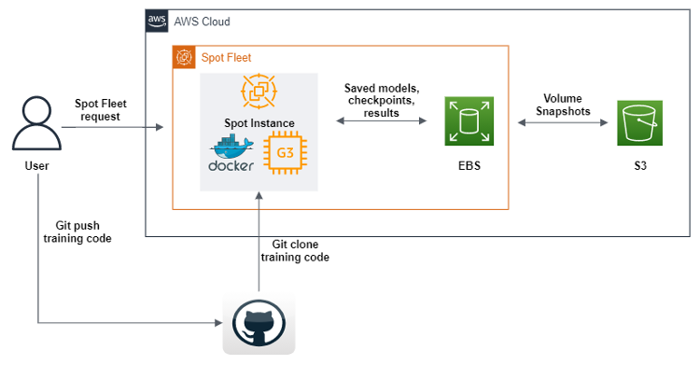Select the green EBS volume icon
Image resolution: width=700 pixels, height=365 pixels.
[x=469, y=120]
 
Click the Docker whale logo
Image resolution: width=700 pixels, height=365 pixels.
[x=232, y=154]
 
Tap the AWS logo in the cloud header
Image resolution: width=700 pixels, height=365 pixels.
[x=157, y=21]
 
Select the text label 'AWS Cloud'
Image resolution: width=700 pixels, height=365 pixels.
[x=202, y=21]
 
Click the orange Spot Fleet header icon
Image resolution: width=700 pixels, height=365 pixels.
[x=184, y=57]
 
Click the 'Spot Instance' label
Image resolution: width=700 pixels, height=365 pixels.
[x=259, y=123]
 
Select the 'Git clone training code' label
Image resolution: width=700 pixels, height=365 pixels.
[x=294, y=250]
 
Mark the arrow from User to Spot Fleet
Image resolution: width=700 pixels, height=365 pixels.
[x=112, y=125]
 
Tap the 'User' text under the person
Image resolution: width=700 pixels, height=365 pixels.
[x=36, y=166]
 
